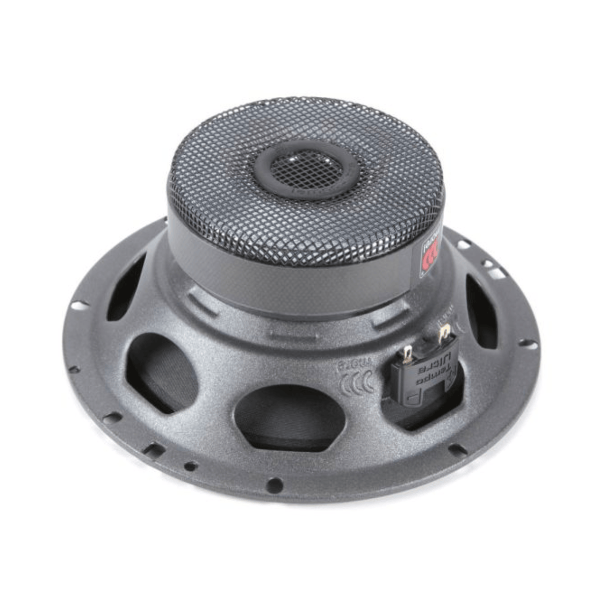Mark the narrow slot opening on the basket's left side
pos(126,287)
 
